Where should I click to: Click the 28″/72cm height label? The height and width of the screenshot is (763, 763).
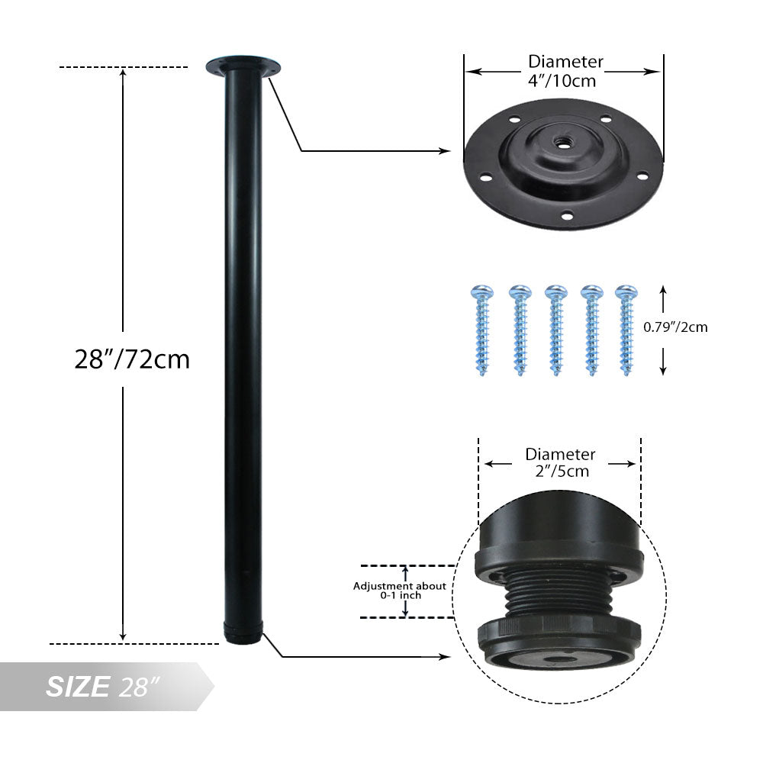[132, 359]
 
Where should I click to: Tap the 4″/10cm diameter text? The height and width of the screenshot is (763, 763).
[562, 80]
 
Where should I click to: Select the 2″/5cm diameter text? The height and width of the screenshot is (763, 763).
[562, 471]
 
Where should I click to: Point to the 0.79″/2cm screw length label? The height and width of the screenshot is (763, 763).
[675, 327]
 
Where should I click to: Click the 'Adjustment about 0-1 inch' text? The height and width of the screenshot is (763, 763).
[400, 591]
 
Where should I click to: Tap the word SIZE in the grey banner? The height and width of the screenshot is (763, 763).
[78, 687]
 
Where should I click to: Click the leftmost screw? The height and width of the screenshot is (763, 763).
[482, 330]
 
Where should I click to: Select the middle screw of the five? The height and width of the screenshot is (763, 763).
[555, 330]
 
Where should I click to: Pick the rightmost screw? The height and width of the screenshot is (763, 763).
[626, 330]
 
